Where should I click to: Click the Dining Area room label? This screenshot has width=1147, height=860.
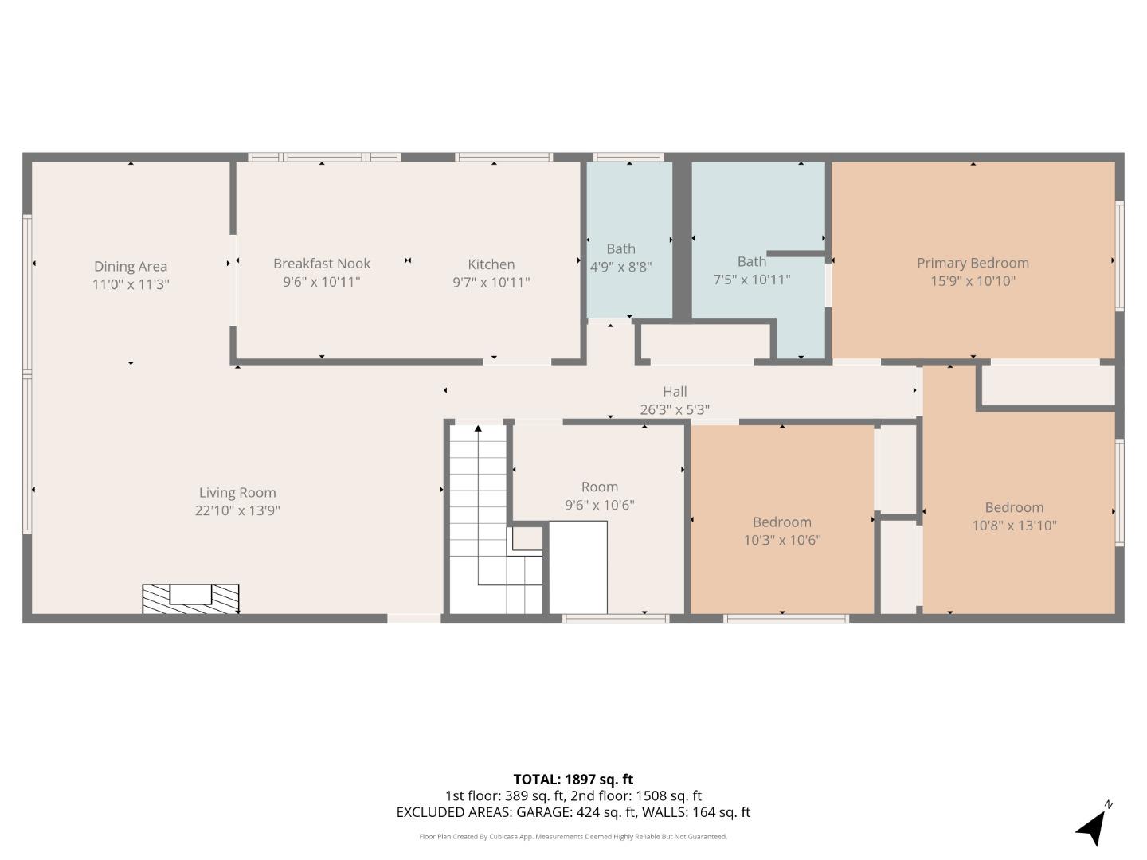[x=131, y=266]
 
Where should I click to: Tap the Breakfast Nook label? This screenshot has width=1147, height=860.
[x=321, y=264]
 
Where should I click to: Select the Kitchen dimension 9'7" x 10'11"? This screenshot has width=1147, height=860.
[x=491, y=282]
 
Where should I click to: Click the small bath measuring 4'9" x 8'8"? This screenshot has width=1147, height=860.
[x=620, y=258]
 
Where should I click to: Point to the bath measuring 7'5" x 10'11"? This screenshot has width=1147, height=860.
[x=751, y=270]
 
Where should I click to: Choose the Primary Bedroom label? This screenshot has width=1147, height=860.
[x=973, y=263]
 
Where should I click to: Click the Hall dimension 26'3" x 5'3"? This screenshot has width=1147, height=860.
[x=675, y=409]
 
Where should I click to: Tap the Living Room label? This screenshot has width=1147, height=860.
[x=237, y=493]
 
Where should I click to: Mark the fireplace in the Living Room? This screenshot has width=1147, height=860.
[x=190, y=599]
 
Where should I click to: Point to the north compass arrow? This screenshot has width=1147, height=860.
[x=1093, y=826]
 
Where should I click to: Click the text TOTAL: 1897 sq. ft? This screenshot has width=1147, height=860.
[x=573, y=780]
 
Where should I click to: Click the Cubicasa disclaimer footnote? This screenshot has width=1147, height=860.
[x=573, y=837]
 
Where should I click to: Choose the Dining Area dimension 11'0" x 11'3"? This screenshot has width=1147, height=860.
[x=131, y=284]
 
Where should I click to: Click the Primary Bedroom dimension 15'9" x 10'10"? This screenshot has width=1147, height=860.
[x=973, y=281]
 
